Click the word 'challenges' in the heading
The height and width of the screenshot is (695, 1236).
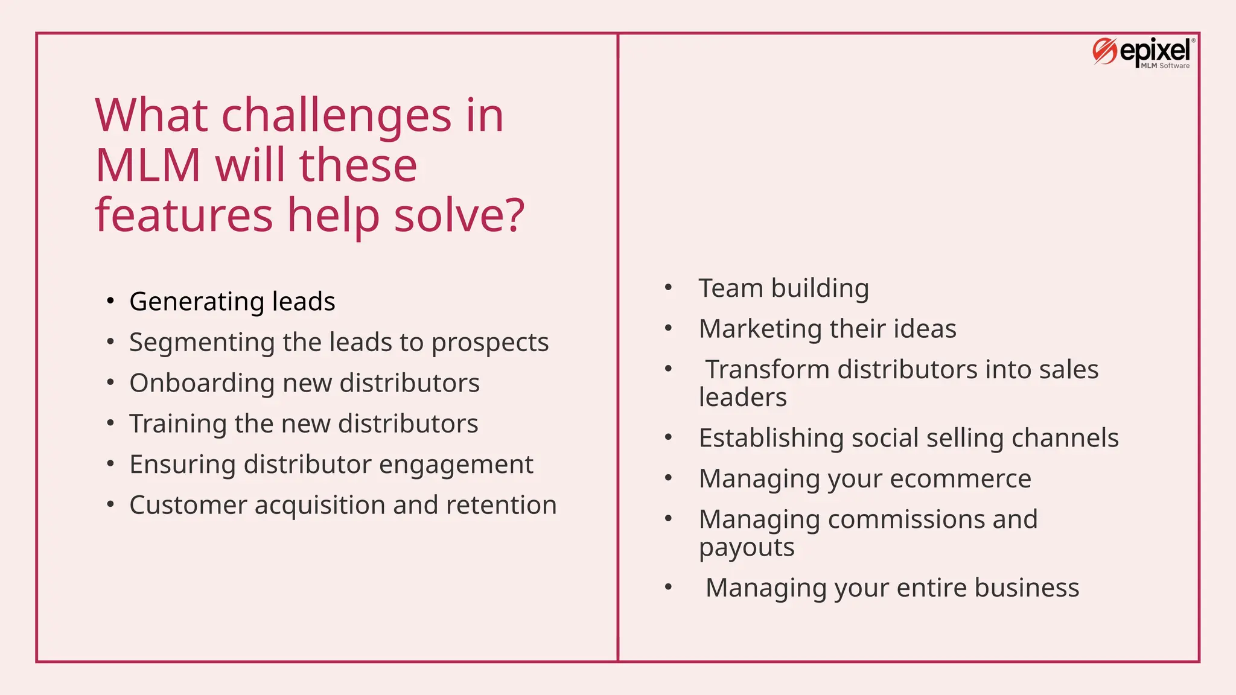[336, 115]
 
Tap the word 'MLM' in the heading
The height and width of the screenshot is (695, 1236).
[148, 165]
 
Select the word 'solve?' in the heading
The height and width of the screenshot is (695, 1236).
[459, 215]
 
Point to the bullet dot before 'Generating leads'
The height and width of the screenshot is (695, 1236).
[110, 300]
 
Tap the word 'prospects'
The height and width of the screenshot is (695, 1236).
[489, 343]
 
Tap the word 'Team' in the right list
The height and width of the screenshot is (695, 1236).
[730, 288]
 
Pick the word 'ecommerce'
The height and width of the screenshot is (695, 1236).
[960, 479]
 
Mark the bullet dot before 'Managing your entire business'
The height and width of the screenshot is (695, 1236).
[668, 587]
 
